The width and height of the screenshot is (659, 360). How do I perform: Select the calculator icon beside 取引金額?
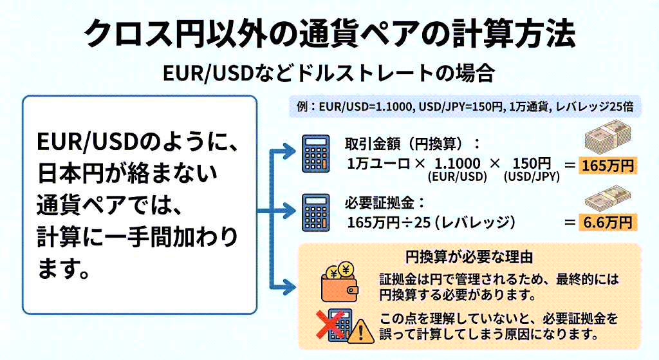point(317,154)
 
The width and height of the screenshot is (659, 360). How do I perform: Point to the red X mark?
point(330,326)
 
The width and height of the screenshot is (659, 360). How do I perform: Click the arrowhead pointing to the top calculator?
point(288,154)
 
